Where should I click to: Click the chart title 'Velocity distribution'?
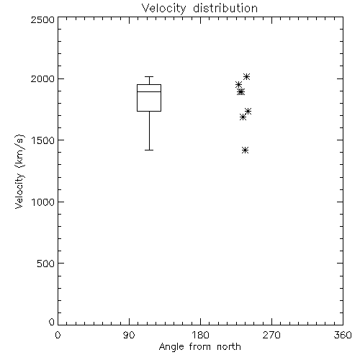coord(199,8)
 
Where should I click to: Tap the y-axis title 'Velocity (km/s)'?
coord(19,171)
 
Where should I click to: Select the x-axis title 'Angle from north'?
coord(199,347)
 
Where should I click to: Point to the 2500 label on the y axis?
coord(42,19)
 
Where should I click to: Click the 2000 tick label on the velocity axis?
coord(42,78)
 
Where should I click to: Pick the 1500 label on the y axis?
coord(43,140)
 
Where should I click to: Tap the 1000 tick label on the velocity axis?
coord(43,202)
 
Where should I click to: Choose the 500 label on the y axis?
coord(46,264)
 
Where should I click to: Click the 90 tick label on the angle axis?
coord(129,335)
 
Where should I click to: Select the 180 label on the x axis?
coord(200,335)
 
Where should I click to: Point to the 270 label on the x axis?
coord(271,335)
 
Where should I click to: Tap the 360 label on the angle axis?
coord(343,335)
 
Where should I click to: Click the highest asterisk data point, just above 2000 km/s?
coord(246,77)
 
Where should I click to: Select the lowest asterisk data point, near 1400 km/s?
coord(245,150)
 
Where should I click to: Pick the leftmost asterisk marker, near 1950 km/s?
coord(238,84)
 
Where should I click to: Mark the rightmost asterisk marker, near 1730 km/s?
coord(248,111)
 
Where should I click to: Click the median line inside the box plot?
coord(149,91)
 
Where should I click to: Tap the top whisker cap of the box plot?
coord(149,77)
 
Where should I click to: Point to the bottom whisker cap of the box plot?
coord(149,150)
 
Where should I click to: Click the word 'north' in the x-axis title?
coord(229,347)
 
